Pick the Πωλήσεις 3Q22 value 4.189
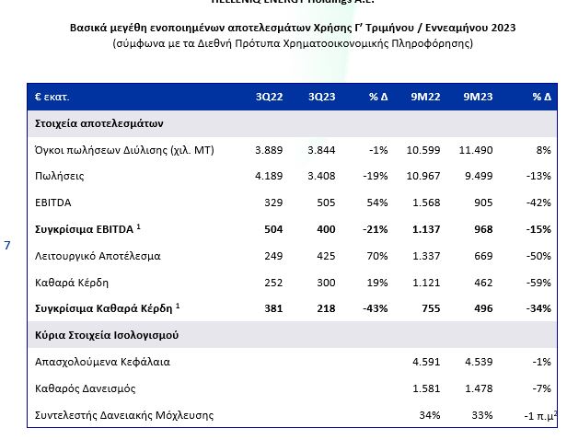(x=268, y=175)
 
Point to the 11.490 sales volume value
(x=475, y=149)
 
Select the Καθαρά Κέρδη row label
(x=71, y=281)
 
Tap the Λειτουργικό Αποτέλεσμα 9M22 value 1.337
(x=424, y=254)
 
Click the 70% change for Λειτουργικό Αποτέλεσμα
(x=378, y=254)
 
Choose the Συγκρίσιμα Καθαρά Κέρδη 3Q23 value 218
(x=325, y=307)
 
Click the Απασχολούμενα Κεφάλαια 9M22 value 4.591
(x=424, y=362)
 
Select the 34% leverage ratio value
(x=428, y=415)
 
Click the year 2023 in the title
(x=502, y=28)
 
